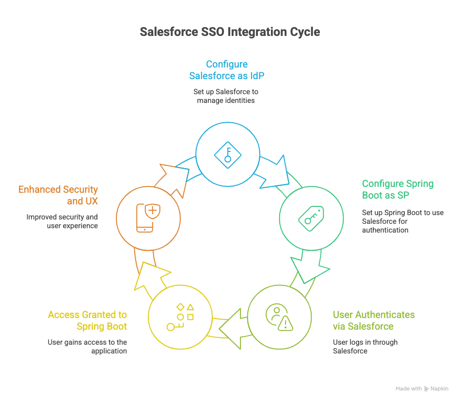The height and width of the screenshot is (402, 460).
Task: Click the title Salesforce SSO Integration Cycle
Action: click(230, 32)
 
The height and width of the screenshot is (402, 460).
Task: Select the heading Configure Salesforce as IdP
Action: click(227, 70)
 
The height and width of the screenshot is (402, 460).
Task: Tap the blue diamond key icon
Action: click(228, 155)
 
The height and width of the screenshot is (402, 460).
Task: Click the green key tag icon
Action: click(311, 218)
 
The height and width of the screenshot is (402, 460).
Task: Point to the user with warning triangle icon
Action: click(279, 318)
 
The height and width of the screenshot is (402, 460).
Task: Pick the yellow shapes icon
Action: click(180, 317)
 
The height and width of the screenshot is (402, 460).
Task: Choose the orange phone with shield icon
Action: click(148, 218)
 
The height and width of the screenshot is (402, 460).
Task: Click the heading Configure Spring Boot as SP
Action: click(398, 189)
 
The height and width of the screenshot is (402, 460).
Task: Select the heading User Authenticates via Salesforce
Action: click(374, 320)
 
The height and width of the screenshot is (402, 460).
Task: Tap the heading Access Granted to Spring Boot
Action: click(87, 320)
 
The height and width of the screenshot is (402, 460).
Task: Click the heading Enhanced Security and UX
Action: click(58, 195)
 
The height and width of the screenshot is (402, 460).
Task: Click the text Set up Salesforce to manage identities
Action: click(226, 96)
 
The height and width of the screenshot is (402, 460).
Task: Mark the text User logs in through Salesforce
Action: click(365, 347)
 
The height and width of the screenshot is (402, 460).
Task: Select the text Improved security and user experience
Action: click(62, 221)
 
